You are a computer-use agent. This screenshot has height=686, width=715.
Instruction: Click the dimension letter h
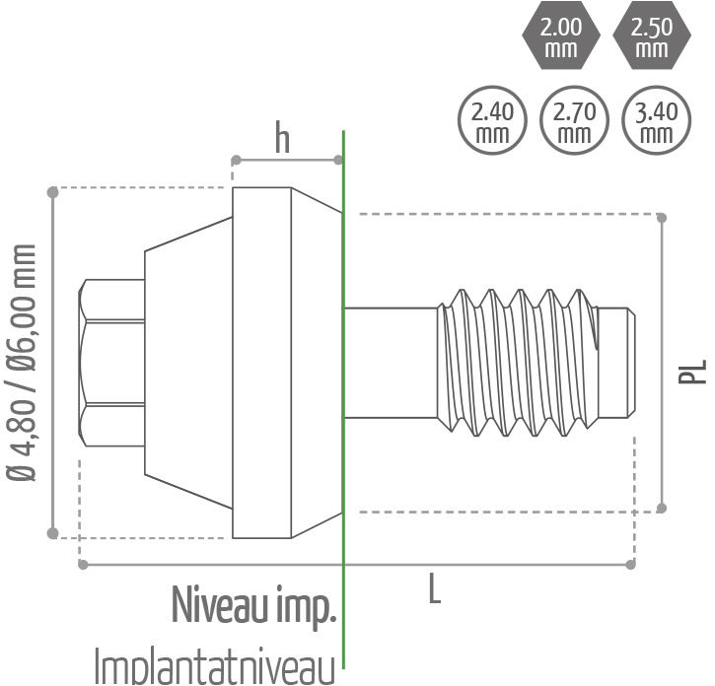282,140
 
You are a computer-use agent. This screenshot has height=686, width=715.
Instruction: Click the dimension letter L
434,590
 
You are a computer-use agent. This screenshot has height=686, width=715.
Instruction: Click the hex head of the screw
111,362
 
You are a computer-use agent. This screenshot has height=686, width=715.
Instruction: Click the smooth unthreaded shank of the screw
391,362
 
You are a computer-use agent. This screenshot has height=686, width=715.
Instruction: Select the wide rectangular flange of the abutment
261,362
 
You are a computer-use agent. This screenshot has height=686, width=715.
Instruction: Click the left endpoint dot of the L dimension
81,565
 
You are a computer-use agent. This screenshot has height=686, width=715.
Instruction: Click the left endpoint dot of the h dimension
235,160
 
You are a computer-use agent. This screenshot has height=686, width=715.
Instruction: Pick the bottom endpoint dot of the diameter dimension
53,534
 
